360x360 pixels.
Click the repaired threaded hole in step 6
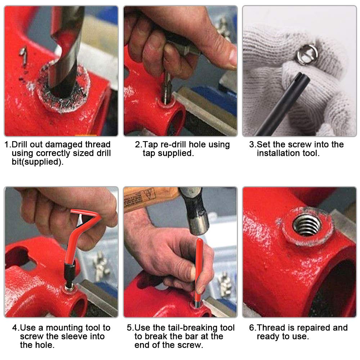point(307,225)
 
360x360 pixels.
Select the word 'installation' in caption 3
point(279,153)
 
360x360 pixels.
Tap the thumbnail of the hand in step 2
point(232,56)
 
